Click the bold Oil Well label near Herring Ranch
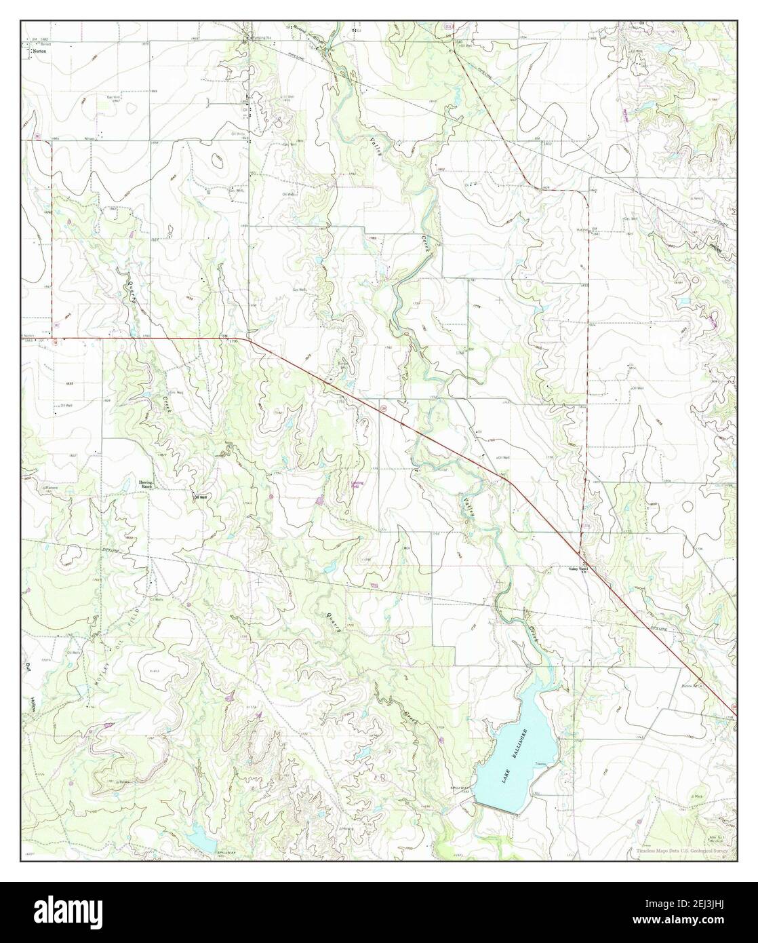click(x=201, y=497)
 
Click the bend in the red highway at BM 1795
click(x=245, y=338)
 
